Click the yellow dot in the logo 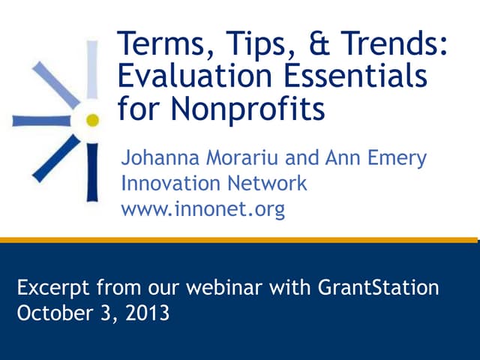pyautogui.click(x=91, y=119)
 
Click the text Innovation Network pyautogui.click(x=214, y=184)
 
